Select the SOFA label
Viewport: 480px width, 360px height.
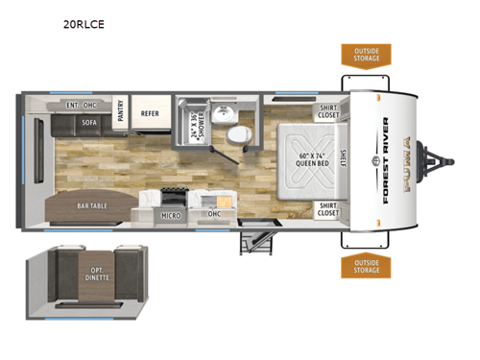(89, 123)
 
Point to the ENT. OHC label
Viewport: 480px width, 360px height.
(79, 104)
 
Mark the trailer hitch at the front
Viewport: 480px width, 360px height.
(444, 160)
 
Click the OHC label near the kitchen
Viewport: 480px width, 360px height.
(214, 216)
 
